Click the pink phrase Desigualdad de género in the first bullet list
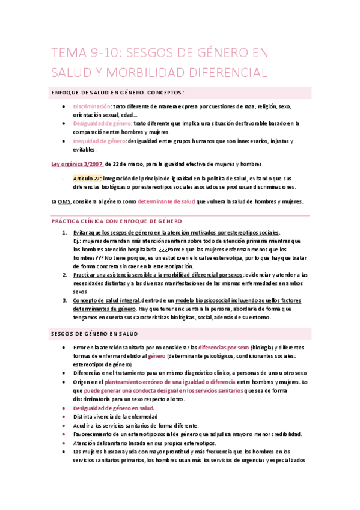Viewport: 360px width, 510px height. [x=103, y=123]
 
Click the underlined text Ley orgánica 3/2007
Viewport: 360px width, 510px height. [x=77, y=164]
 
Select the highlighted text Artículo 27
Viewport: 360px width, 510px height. [x=87, y=179]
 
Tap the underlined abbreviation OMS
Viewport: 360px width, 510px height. [x=64, y=201]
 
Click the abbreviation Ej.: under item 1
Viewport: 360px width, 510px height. [x=78, y=241]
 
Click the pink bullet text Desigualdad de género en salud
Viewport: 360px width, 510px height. [x=114, y=408]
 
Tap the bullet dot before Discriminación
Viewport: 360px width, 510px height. [x=64, y=106]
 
